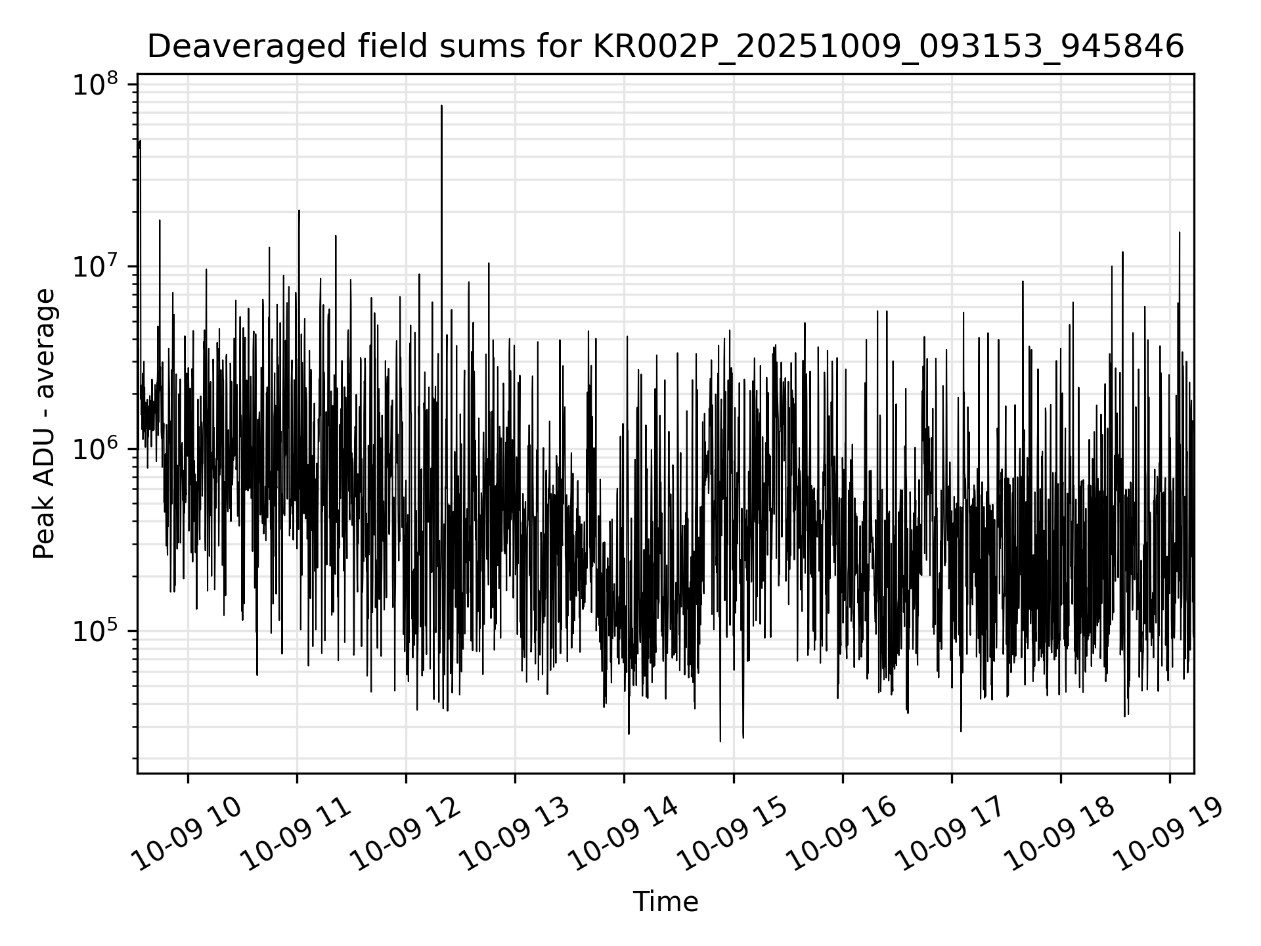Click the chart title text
coord(665,47)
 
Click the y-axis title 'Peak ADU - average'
coord(45,424)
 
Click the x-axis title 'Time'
coord(665,901)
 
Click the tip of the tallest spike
coord(441,106)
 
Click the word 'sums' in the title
coord(412,47)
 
